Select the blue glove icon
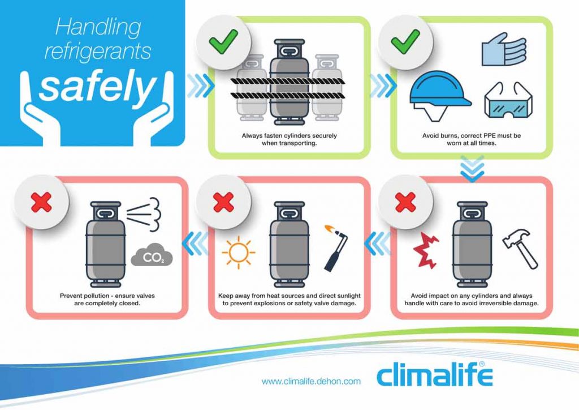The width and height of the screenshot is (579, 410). point(504,49)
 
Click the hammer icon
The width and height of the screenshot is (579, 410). point(521,249)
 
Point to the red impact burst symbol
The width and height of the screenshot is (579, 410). point(426,251)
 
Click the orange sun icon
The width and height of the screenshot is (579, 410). point(238,253)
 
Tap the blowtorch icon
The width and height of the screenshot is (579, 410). point(336,247)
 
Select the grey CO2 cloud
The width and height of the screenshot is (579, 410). point(152,255)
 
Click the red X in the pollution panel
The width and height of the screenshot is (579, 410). point(41,202)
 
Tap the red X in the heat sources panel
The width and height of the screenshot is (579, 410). point(223,202)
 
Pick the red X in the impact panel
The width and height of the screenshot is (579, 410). point(405,202)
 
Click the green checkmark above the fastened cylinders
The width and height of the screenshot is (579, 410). point(223,41)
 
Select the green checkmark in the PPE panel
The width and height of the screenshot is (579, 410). point(405,41)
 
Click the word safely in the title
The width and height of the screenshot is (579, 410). point(97,87)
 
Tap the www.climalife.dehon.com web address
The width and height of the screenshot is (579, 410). point(311,381)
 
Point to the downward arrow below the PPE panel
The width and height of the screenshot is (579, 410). point(472,169)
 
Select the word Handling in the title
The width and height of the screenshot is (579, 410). point(98,27)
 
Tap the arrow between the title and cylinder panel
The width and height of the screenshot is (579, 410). point(201,86)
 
